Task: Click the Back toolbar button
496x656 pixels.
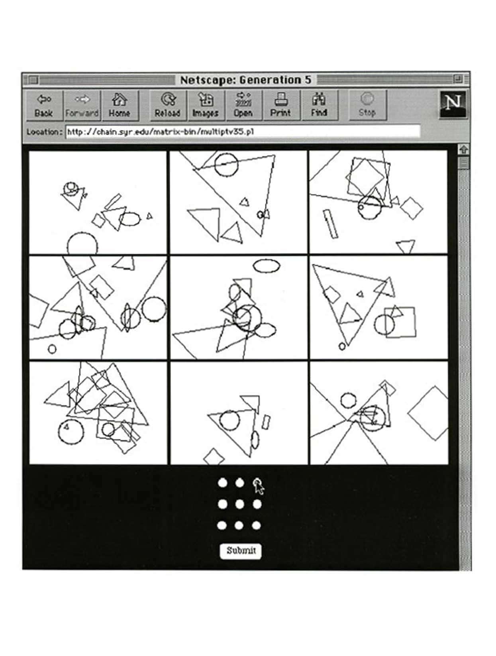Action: pyautogui.click(x=44, y=105)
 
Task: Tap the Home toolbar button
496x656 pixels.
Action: pyautogui.click(x=120, y=105)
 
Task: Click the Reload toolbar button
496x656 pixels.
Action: pyautogui.click(x=168, y=105)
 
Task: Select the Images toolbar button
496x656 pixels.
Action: pyautogui.click(x=206, y=105)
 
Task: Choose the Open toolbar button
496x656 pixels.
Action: pyautogui.click(x=243, y=105)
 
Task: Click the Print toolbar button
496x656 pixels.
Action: pyautogui.click(x=281, y=105)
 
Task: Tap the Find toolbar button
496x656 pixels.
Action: pyautogui.click(x=319, y=105)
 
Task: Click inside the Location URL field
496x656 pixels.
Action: pyautogui.click(x=243, y=132)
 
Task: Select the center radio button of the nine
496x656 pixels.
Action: pyautogui.click(x=239, y=504)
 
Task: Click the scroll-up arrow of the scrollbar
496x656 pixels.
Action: pyautogui.click(x=463, y=149)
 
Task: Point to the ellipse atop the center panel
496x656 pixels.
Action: pyautogui.click(x=266, y=266)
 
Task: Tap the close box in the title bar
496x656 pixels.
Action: pyautogui.click(x=34, y=80)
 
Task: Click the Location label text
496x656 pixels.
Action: pyautogui.click(x=44, y=132)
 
